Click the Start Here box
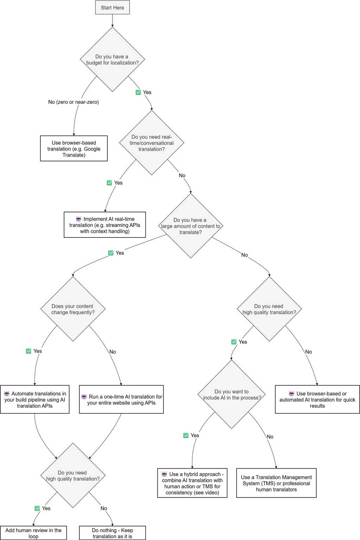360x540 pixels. click(112, 7)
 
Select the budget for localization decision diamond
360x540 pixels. click(112, 59)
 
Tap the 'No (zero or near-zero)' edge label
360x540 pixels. click(73, 102)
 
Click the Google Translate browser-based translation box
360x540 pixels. click(74, 148)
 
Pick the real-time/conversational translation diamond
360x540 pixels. click(152, 143)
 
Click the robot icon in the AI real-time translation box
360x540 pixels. click(78, 219)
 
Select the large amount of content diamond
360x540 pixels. click(191, 226)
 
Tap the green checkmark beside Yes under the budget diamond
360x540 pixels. click(138, 92)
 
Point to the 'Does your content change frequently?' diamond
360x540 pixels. click(73, 309)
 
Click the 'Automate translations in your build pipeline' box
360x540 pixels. click(35, 399)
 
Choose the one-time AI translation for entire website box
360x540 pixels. click(121, 399)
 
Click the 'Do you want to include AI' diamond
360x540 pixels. click(232, 394)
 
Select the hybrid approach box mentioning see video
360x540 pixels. click(192, 483)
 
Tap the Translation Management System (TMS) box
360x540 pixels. click(276, 483)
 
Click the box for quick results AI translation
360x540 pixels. click(317, 399)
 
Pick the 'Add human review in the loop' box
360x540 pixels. click(33, 533)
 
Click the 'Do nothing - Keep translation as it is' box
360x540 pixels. click(112, 533)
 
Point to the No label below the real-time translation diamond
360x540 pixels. click(182, 175)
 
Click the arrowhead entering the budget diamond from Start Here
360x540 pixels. click(112, 26)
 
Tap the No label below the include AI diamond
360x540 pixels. click(270, 437)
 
